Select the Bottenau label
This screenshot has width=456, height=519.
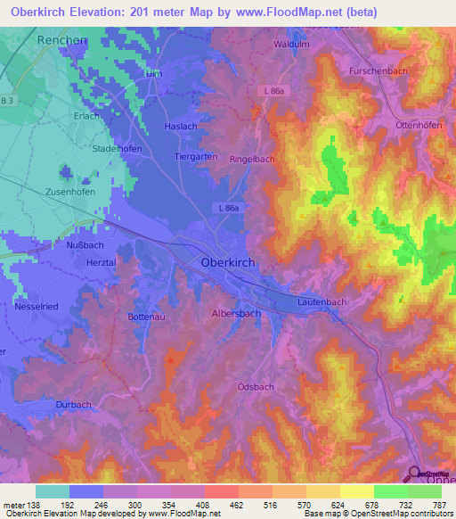149,317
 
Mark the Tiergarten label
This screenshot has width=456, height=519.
197,156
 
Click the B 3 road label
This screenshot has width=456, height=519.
8,101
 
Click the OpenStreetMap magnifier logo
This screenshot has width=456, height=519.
415,474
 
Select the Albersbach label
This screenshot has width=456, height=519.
236,314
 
